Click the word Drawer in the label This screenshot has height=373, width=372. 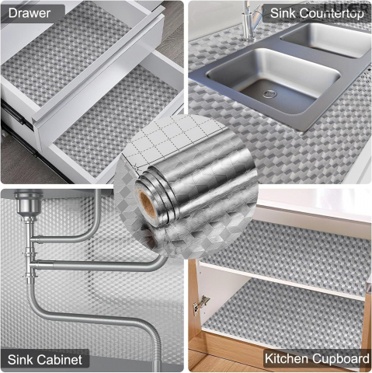pos(30,13)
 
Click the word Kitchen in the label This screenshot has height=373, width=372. pos(287,359)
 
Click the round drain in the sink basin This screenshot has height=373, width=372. pos(269,93)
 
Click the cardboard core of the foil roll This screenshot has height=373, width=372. pos(148,202)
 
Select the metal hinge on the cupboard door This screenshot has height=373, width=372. pos(201,305)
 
